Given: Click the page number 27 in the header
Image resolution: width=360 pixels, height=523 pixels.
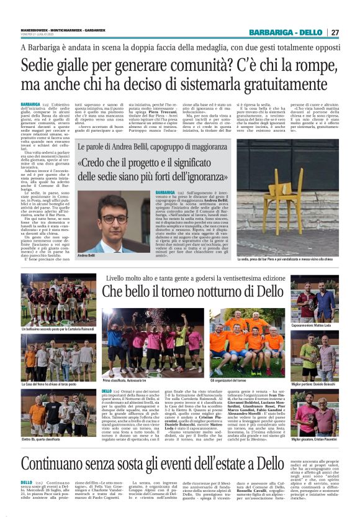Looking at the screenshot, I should point(335,32).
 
